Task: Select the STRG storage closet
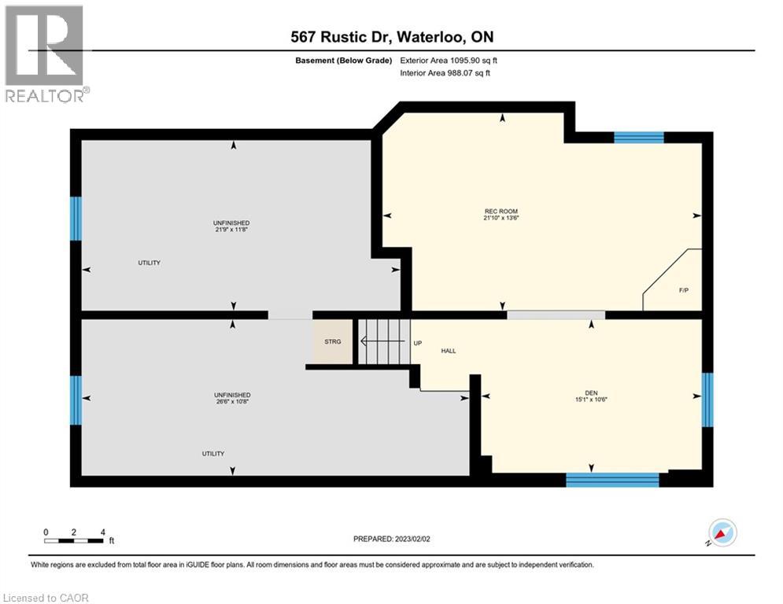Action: coord(333,342)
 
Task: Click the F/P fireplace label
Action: coord(684,290)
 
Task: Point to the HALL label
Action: coord(449,351)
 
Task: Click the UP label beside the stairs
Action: coord(418,343)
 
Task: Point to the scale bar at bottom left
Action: coord(75,540)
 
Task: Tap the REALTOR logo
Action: coord(44,53)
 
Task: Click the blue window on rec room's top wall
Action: coord(638,138)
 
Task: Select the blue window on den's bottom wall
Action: coord(612,479)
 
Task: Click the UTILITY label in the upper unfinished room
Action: coord(150,263)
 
